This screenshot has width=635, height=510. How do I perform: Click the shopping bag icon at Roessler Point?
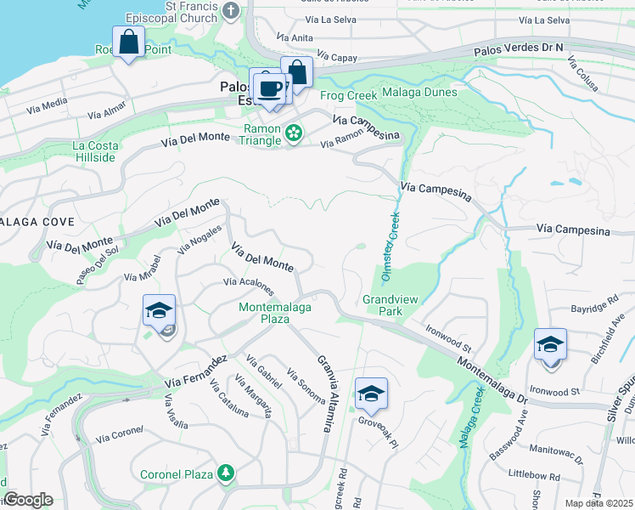tap(128, 42)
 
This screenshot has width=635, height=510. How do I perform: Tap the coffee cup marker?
tap(271, 88)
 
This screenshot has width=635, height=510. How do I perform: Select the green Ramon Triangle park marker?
tap(294, 133)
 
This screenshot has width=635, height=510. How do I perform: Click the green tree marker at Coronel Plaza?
tap(225, 473)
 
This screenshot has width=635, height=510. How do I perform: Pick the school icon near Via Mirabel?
tap(159, 311)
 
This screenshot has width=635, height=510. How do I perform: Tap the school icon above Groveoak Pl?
tap(371, 394)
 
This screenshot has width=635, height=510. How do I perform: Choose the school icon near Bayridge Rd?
tap(550, 344)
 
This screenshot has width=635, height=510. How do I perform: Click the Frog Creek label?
tap(348, 95)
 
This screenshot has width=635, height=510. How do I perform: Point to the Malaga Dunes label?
tap(419, 92)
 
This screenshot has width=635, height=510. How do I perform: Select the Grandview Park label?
tap(394, 305)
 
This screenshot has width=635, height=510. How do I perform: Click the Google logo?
tap(28, 500)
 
